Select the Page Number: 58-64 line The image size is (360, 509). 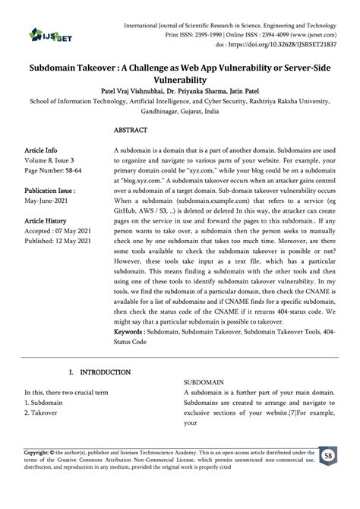(57, 172)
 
